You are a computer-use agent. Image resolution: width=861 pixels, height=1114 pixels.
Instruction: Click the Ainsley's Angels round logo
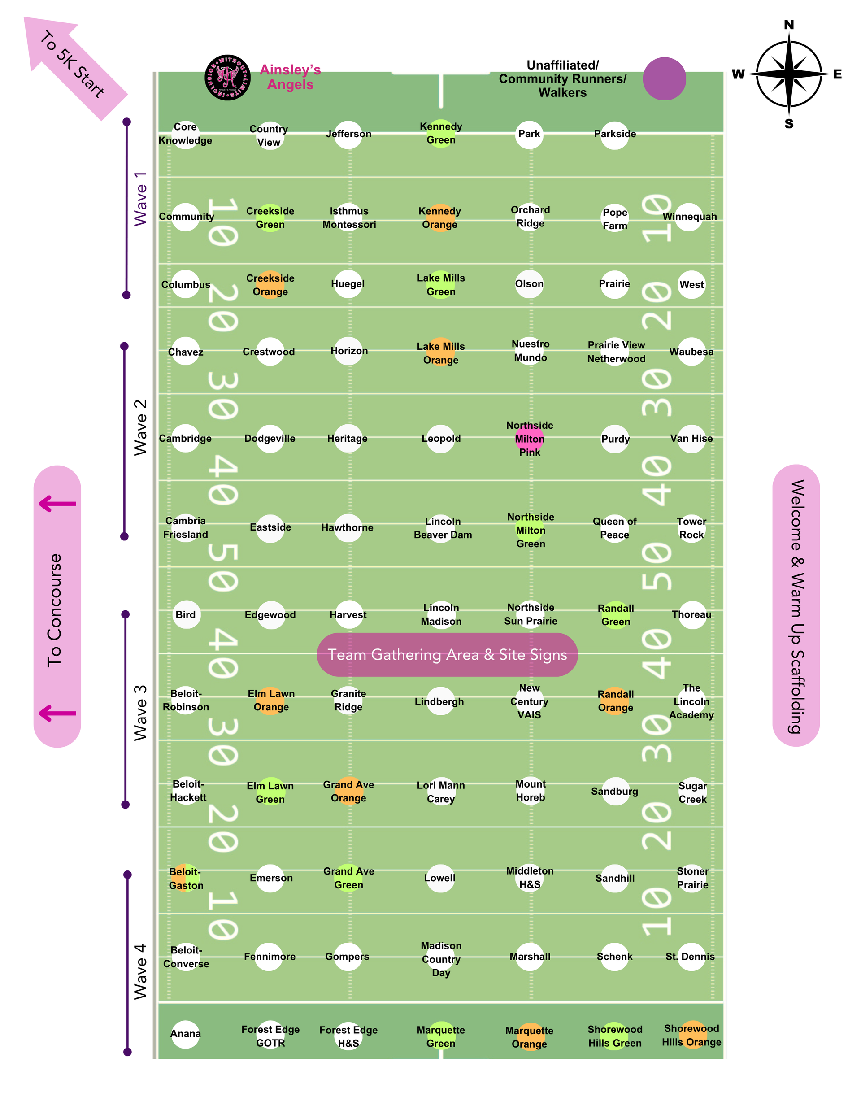coord(227,78)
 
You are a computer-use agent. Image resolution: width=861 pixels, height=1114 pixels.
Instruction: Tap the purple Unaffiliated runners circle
coord(664,78)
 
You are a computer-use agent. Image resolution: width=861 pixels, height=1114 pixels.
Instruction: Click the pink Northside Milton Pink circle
coord(530,439)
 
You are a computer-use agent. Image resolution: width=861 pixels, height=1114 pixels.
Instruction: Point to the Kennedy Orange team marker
coord(439,218)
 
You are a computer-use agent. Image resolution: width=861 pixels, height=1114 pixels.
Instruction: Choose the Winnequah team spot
coord(690,217)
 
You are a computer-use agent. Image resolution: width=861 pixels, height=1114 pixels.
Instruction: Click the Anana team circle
coord(186,1034)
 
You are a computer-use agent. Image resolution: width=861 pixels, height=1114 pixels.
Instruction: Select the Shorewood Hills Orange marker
coord(691,1035)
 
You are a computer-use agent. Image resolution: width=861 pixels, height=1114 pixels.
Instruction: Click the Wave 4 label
coord(140,971)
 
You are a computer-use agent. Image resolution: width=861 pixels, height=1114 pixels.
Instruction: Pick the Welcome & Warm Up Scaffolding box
coord(796,606)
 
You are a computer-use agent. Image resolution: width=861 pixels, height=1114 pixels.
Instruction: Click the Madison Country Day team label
coord(441,959)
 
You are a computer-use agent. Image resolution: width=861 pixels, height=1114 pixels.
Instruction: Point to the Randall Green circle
coord(616,615)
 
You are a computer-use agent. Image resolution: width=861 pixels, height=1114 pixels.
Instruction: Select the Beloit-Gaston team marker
coord(186,879)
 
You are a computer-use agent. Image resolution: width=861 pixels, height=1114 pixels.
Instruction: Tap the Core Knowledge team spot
coord(185,134)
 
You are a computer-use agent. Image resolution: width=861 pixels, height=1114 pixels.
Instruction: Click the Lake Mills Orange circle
coord(441,352)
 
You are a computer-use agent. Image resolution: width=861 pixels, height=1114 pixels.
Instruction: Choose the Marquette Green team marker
coord(441,1036)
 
